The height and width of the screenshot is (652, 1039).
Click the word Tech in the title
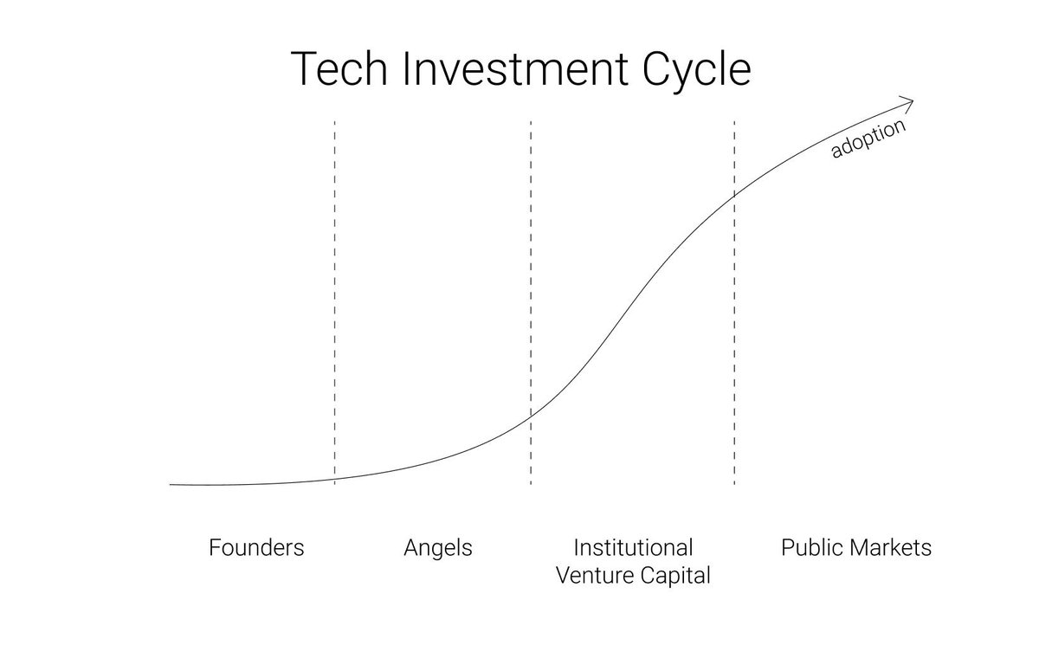pyautogui.click(x=339, y=68)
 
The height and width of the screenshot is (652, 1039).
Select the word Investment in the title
pyautogui.click(x=516, y=68)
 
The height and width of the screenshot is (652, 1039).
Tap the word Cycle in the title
pyautogui.click(x=697, y=72)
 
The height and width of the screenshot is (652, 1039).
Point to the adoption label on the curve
pyautogui.click(x=868, y=138)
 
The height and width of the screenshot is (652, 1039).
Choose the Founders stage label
pyautogui.click(x=256, y=547)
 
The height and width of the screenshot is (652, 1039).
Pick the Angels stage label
pyautogui.click(x=438, y=549)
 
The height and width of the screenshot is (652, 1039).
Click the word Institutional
pyautogui.click(x=633, y=547)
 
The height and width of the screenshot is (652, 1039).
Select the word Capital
pyautogui.click(x=675, y=577)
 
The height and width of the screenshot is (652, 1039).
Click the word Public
pyautogui.click(x=813, y=547)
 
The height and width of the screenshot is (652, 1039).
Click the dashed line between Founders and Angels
pyautogui.click(x=334, y=303)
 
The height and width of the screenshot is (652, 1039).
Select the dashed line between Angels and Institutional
pyautogui.click(x=531, y=303)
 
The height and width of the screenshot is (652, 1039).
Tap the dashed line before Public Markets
pyautogui.click(x=734, y=303)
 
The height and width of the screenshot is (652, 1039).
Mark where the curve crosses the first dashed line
pyautogui.click(x=334, y=479)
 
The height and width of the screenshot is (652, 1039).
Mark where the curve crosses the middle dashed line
pyautogui.click(x=531, y=416)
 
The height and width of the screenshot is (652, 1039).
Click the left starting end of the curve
pyautogui.click(x=171, y=485)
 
